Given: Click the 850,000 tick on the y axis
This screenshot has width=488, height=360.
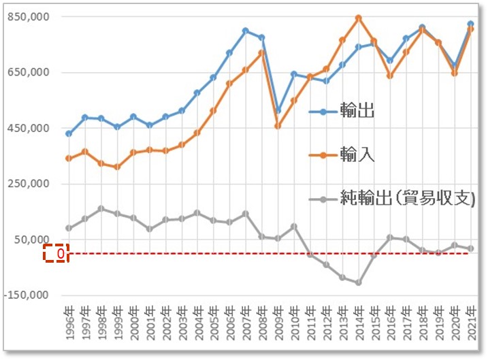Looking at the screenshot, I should click(27, 16).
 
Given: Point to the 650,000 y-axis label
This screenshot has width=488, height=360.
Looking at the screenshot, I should click(27, 72).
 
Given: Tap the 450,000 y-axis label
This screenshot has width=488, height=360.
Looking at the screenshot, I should click(27, 128).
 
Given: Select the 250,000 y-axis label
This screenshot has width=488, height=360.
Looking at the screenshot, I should click(27, 184).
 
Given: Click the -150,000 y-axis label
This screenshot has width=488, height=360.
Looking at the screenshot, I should click(25, 295).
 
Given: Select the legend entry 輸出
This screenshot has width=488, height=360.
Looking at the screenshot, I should click(357, 110).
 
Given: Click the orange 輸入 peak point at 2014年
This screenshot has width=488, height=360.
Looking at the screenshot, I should click(358, 18).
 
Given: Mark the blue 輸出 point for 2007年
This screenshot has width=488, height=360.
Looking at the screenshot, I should click(245, 31).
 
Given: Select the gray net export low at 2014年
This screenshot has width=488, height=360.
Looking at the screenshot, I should click(358, 282).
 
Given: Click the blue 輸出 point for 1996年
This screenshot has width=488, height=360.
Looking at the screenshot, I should click(68, 133).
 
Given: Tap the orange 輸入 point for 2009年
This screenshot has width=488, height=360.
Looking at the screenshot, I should click(278, 126).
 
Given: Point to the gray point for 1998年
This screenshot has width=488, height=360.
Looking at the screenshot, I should click(101, 208).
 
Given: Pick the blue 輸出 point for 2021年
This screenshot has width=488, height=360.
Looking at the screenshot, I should click(470, 24).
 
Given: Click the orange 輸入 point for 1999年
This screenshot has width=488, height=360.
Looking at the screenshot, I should click(117, 167).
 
